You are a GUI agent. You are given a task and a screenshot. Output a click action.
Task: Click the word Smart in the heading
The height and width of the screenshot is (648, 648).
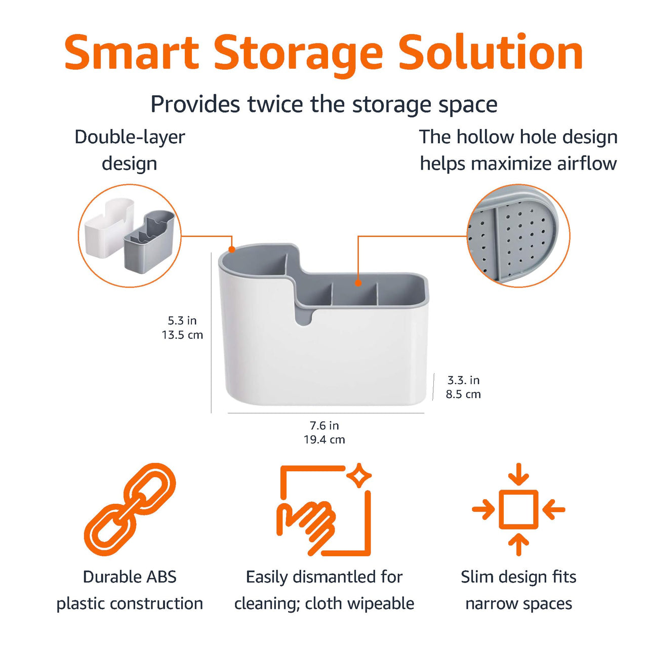(132, 53)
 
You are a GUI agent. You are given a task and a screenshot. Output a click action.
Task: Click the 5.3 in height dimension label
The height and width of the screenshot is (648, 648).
(182, 320)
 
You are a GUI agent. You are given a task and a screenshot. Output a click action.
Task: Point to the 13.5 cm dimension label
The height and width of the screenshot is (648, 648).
(182, 335)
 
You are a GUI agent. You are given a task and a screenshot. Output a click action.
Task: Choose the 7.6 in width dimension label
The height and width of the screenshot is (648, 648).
(324, 425)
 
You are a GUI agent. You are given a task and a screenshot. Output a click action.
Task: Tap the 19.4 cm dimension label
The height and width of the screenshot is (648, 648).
(324, 439)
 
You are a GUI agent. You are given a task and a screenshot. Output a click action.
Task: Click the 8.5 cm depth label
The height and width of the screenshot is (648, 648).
(463, 394)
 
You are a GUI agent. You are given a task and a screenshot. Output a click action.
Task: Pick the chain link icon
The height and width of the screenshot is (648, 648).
(130, 509)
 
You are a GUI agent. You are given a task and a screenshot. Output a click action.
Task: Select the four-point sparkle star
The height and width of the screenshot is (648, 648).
(359, 475)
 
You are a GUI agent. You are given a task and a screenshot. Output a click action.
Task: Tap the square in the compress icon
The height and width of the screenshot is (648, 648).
(518, 509)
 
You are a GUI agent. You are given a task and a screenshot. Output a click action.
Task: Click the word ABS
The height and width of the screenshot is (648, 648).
(159, 577)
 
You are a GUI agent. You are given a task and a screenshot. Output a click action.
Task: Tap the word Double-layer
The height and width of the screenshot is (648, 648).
(130, 137)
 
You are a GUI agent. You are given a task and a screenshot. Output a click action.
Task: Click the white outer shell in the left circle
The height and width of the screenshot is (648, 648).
(108, 228)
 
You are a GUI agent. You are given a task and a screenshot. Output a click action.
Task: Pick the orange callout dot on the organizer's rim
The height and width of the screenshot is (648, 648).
(232, 249)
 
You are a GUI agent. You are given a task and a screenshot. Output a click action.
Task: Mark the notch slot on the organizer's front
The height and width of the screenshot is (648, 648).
(304, 315)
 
